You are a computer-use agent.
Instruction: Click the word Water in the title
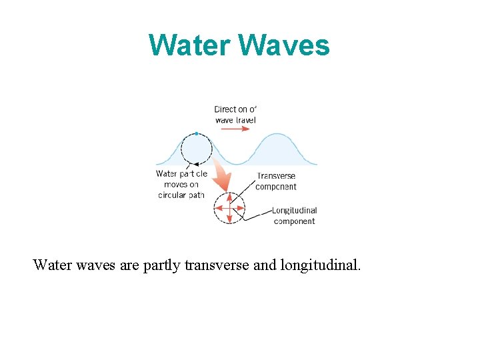[x=190, y=45]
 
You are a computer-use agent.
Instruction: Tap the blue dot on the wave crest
[x=196, y=133]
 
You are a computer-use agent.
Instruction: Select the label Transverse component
[x=276, y=181]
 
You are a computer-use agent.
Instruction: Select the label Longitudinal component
[x=294, y=215]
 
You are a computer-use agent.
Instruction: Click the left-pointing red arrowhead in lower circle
[x=217, y=209]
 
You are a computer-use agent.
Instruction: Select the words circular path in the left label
[x=181, y=195]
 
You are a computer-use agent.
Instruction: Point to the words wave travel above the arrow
[x=235, y=120]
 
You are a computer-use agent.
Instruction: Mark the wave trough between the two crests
[x=237, y=164]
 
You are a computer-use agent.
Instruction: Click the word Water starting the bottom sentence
[x=51, y=265]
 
